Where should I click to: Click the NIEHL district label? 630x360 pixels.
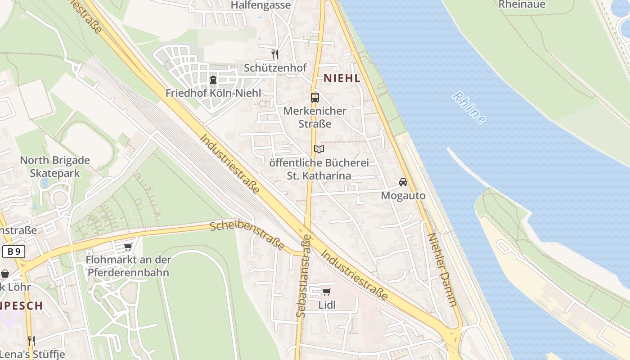pos(342,78)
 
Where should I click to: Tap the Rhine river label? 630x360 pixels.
pos(469,108)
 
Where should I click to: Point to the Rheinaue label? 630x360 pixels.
pos(522,4)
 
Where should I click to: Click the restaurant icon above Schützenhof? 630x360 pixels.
pos(274,54)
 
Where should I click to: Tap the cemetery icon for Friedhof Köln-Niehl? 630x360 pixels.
pos(213,80)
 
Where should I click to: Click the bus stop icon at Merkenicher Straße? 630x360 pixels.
pos(315,97)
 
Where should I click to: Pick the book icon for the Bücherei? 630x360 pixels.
pos(319,149)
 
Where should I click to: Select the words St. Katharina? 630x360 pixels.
pos(319,175)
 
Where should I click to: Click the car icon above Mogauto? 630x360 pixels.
pos(403,182)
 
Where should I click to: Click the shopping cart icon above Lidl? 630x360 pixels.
pos(327,292)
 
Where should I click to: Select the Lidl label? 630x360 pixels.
pos(327,305)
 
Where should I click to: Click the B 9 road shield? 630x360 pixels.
pos(13,252)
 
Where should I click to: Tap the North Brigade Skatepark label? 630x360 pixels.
pos(55,166)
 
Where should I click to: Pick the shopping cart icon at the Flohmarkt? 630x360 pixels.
pos(128,247)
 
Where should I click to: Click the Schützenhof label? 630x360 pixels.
pos(275,68)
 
